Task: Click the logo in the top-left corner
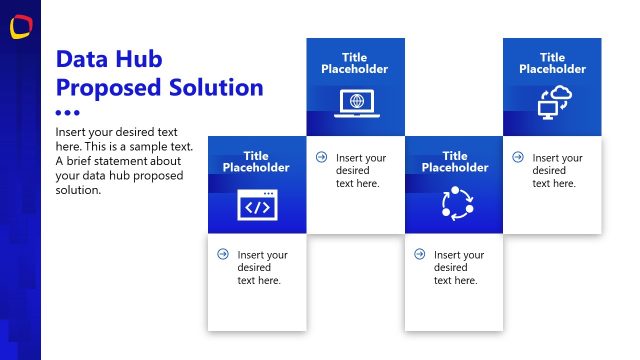[x=20, y=28]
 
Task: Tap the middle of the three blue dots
[x=67, y=113]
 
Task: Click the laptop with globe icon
[x=355, y=102]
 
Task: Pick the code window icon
[x=257, y=205]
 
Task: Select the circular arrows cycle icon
[x=455, y=203]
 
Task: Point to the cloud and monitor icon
[x=552, y=103]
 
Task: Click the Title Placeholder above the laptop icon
[x=355, y=63]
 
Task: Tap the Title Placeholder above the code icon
[x=256, y=161]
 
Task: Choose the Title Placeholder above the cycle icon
[x=454, y=161]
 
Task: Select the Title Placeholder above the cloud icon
[x=552, y=63]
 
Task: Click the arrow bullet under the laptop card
[x=321, y=157]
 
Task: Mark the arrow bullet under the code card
[x=223, y=254]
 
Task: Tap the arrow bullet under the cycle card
[x=419, y=254]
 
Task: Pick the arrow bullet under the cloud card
[x=517, y=157]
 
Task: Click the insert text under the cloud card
[x=557, y=170]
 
